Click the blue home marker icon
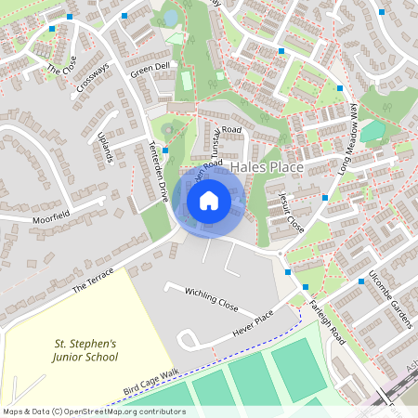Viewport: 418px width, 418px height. click(209, 200)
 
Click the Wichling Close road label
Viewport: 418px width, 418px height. click(211, 299)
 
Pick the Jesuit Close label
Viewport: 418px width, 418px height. click(291, 213)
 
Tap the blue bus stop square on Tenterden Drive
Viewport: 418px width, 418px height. click(165, 150)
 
